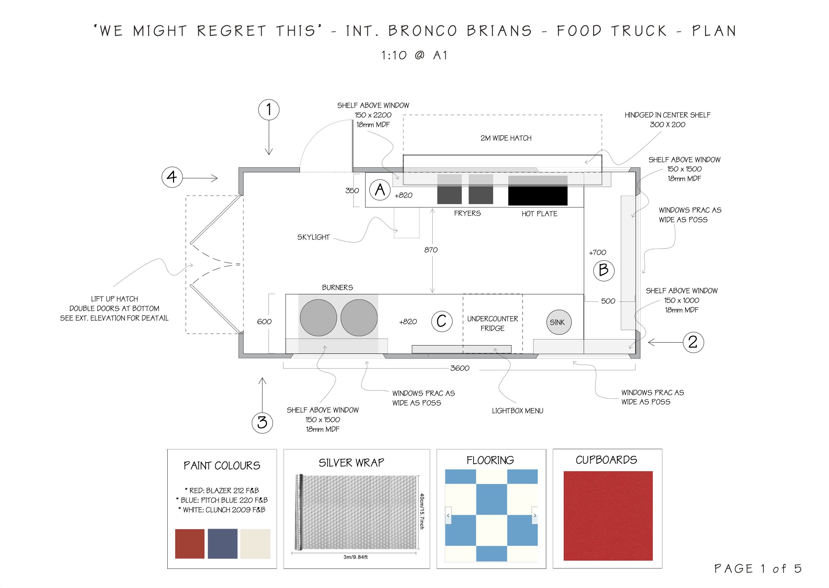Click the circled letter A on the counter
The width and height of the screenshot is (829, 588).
point(380,190)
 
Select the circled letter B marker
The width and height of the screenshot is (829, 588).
point(603,271)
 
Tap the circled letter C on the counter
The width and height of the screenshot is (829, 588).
point(441,321)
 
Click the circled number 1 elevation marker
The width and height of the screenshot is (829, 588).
point(269,109)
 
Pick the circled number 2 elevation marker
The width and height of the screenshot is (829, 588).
point(693,342)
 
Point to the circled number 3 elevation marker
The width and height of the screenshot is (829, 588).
point(262,423)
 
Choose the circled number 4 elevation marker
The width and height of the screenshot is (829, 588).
point(172,177)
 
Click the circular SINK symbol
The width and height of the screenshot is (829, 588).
point(558,322)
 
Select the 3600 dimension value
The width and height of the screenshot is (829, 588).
point(460,368)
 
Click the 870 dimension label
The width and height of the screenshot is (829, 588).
point(430,250)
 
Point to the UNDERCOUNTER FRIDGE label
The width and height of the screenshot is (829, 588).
point(492,323)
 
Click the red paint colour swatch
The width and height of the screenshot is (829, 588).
point(189,544)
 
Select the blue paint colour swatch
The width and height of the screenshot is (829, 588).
point(222,544)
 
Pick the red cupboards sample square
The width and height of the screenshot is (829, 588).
point(608,516)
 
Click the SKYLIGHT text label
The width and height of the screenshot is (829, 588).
point(313,237)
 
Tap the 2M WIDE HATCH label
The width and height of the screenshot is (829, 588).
point(505,138)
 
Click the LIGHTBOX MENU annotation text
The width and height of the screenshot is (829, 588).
point(517,410)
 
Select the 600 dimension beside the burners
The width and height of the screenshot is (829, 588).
point(264,321)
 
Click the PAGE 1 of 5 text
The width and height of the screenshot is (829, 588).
point(758,568)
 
